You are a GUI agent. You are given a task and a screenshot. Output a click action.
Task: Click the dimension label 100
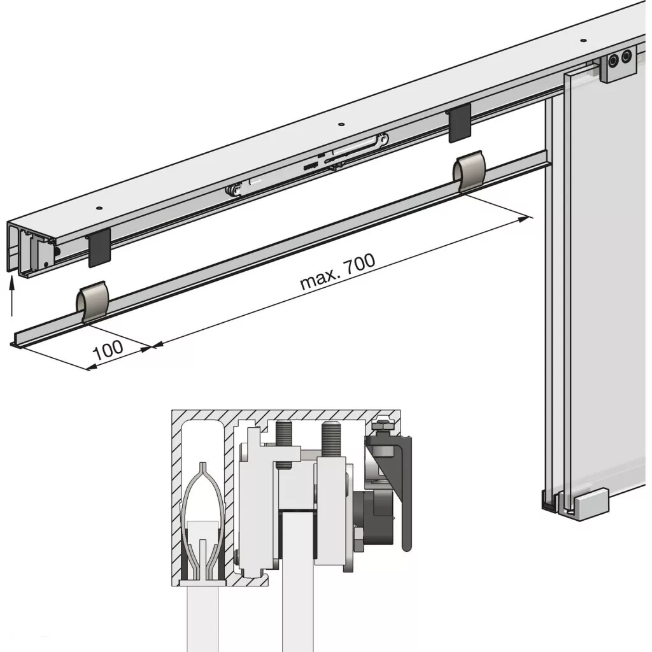(x=108, y=351)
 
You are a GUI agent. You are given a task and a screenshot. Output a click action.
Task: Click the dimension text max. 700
(x=337, y=271)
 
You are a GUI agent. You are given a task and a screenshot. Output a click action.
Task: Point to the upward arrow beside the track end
(x=11, y=297)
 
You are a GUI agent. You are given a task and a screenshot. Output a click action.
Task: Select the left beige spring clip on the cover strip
(x=92, y=302)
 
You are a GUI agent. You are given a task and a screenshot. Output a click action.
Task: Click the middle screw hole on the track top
(x=341, y=124)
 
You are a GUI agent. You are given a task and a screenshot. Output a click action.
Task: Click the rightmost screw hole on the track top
(x=583, y=41)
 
